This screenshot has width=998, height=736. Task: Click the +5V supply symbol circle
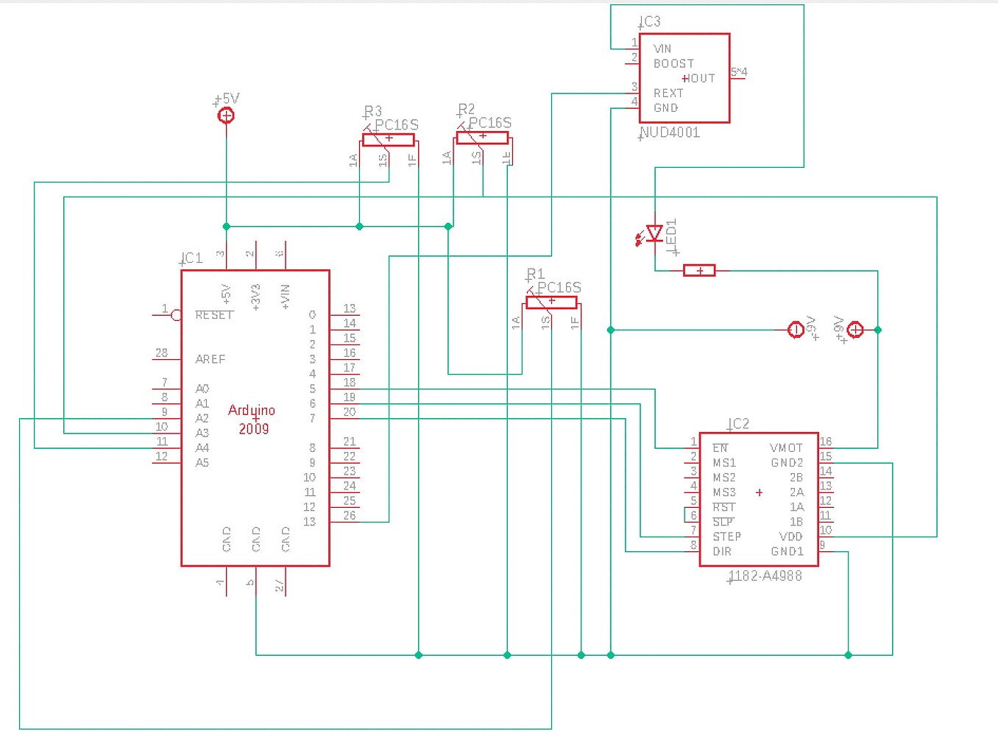(x=227, y=116)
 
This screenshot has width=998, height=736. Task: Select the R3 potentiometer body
(x=388, y=139)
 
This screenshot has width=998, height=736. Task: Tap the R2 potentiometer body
(x=481, y=138)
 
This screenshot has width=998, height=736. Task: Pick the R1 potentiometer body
(x=551, y=302)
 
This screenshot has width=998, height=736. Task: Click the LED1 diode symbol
(x=654, y=234)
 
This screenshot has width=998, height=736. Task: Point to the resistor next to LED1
(x=699, y=271)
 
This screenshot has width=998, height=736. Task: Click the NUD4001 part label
(x=670, y=133)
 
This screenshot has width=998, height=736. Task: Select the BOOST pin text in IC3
(x=673, y=64)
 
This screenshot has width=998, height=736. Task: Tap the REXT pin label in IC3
(x=668, y=93)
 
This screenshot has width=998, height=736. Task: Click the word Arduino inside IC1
(x=252, y=411)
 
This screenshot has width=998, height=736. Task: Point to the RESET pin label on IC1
(x=214, y=315)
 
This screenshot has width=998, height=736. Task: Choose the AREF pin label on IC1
(x=210, y=359)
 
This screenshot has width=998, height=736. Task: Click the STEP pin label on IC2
(x=726, y=537)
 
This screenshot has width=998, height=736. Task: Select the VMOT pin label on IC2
(x=786, y=448)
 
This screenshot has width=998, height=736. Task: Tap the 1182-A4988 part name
(x=765, y=576)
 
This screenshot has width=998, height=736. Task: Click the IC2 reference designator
(x=738, y=424)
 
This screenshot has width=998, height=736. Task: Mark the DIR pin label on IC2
(x=722, y=551)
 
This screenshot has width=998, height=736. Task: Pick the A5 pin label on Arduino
(x=202, y=463)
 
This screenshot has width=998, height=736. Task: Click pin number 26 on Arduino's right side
(x=350, y=515)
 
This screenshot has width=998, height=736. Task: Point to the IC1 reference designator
(x=191, y=258)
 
